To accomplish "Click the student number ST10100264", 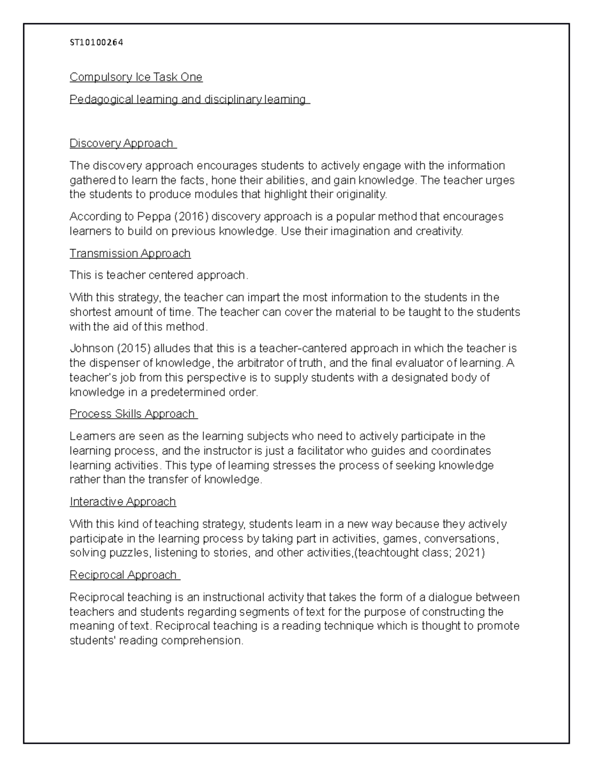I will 96,42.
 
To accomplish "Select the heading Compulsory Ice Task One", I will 136,77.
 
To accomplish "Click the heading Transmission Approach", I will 130,253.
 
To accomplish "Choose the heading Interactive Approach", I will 123,502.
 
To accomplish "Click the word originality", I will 362,195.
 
